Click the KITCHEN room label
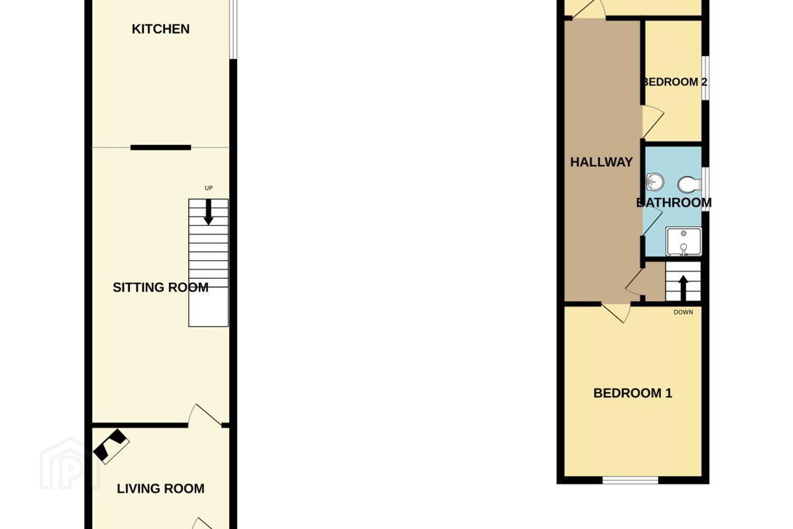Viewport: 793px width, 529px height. pos(160,29)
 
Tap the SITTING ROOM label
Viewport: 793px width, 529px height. pos(160,287)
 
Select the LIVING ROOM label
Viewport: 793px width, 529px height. pos(160,489)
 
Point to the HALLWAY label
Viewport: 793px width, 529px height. pos(601,162)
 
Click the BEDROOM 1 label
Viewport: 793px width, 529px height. pos(633,393)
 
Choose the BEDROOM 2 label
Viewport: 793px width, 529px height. pos(675,82)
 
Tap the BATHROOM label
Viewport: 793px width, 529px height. pos(673,203)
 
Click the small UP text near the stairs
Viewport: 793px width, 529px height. pos(209,188)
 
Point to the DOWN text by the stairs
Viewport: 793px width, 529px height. pos(683,312)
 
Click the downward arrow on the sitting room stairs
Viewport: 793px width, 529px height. pos(209,212)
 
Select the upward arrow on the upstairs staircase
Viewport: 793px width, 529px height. pos(683,288)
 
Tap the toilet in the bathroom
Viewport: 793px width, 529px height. pos(689,185)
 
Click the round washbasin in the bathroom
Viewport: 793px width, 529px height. pos(655,182)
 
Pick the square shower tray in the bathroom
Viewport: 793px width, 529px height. pos(683,242)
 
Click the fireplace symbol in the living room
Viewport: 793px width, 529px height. pos(111,446)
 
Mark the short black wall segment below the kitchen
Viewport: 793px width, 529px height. pos(161,148)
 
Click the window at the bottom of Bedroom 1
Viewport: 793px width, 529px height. pos(630,480)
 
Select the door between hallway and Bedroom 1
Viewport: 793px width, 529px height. pos(616,312)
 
